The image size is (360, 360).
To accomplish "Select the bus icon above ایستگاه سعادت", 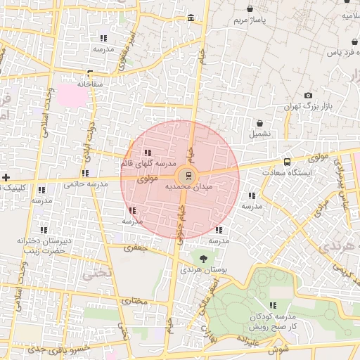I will point(286,162).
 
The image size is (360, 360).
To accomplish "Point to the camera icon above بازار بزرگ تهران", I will point(308,96).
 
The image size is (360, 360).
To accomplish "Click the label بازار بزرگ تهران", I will point(307,106).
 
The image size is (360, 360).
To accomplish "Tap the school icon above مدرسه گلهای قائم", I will point(147,153).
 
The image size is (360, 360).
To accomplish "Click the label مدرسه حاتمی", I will point(86,184).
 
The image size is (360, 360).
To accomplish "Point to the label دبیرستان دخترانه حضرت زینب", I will point(45,245).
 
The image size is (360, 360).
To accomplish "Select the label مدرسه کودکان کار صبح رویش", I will point(274,321).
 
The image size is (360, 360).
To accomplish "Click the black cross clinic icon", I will point(6,177).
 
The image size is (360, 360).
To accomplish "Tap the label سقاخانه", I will point(90,84).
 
